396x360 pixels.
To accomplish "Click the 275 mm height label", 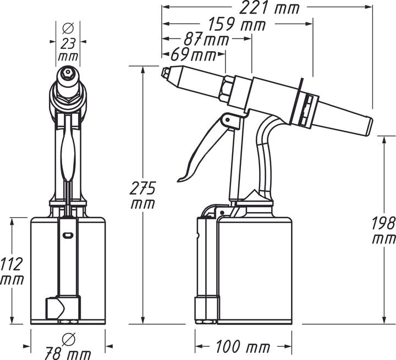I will click(x=142, y=195).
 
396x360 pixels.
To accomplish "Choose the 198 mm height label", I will click(x=383, y=231).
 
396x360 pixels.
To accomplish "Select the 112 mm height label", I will click(x=12, y=272).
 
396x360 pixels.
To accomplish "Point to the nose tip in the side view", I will click(x=165, y=72).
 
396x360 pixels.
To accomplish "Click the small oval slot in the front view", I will click(x=67, y=235).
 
